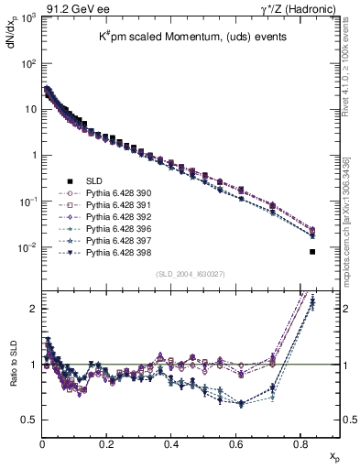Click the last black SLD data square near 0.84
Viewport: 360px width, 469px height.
[313, 252]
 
